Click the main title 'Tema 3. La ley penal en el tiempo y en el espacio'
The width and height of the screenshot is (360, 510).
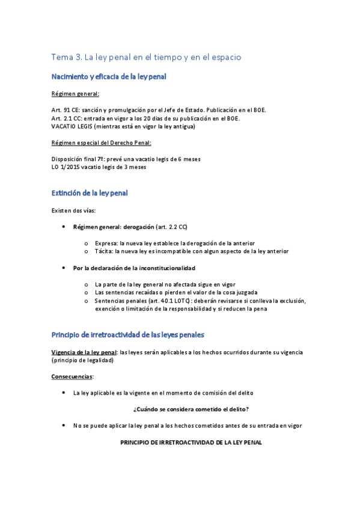[146, 57]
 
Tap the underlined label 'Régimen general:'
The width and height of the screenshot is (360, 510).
[76, 94]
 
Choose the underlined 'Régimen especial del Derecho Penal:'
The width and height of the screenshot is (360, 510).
[101, 143]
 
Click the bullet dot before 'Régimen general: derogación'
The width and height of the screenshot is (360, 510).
[65, 227]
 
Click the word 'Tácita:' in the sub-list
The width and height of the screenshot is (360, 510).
[105, 251]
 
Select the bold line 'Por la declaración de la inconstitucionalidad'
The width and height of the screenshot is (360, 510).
[134, 268]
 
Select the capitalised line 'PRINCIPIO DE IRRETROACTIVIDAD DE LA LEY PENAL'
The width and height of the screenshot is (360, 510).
[191, 441]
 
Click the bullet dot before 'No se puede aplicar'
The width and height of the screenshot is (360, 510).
[65, 425]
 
